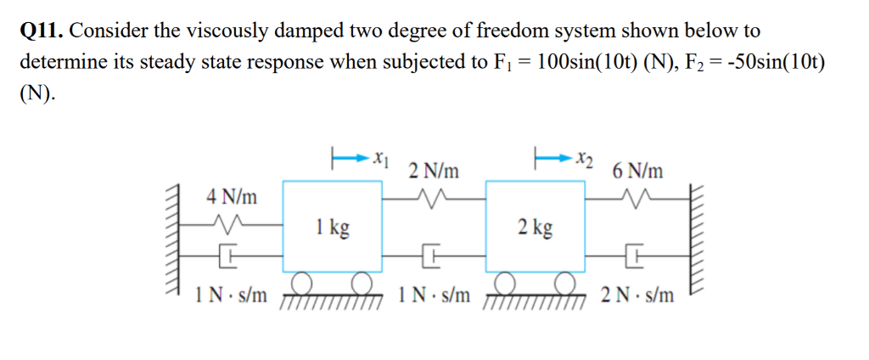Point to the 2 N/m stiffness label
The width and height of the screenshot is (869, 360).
pos(434,171)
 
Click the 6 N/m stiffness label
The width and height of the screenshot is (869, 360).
pos(637,171)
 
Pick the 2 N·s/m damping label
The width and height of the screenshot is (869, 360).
pos(637,296)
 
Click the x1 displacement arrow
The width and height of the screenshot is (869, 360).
pos(348,157)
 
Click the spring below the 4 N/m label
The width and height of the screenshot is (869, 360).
pos(231,225)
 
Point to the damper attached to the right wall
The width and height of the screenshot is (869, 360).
pos(636,252)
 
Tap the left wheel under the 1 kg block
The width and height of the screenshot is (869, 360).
pos(300,281)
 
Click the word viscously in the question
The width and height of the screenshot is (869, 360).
pos(207,31)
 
